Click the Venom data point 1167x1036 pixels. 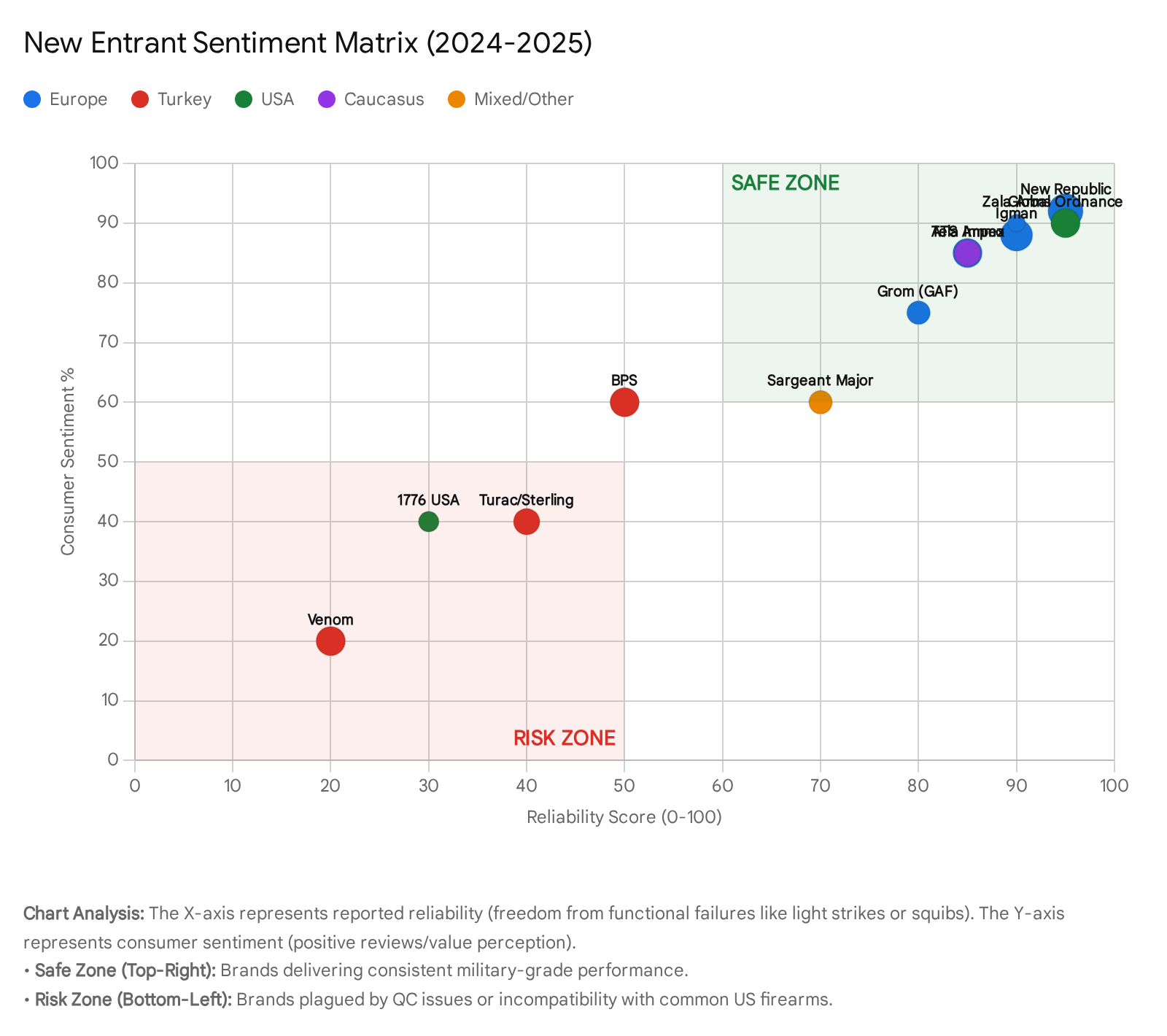330,641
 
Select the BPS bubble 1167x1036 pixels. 624,402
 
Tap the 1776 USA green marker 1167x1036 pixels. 429,522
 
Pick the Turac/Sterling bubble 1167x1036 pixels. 527,522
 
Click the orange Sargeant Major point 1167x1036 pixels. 821,402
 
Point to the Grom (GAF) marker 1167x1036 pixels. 918,313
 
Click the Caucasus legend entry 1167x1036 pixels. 371,99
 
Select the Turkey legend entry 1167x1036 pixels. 172,99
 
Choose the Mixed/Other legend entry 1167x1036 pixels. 511,99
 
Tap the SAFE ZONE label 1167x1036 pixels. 786,183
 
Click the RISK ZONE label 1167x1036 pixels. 565,738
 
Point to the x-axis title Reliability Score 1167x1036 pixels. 624,817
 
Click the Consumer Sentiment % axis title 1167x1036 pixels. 68,462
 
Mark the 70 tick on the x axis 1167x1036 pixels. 821,786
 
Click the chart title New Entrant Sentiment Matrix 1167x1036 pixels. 308,43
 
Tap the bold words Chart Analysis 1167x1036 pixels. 84,913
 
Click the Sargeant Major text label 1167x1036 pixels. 821,380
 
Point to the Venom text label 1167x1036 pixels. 330,620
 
